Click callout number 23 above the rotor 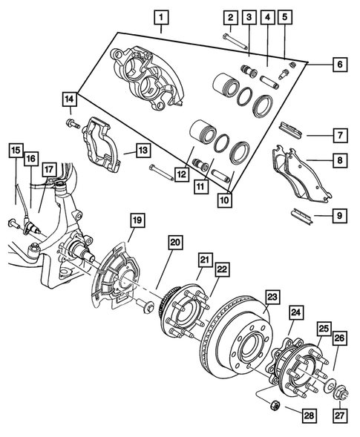point(273,297)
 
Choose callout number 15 point(16,151)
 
